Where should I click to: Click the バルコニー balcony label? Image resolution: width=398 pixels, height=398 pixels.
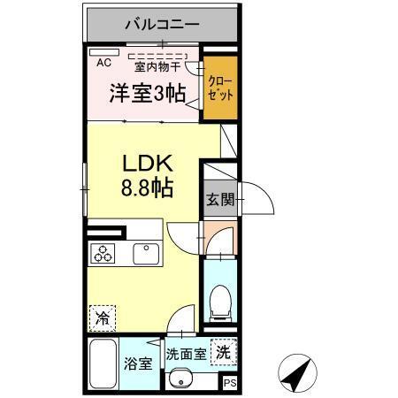click(162, 24)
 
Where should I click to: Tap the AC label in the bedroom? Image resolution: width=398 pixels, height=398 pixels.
click(103, 63)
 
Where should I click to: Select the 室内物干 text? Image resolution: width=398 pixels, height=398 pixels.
click(157, 65)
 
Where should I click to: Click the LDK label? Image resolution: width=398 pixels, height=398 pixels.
click(145, 165)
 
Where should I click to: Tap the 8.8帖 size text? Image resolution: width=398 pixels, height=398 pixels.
click(145, 188)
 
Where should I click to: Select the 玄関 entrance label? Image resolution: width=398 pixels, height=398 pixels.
click(220, 200)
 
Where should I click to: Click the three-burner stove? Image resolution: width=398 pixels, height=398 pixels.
click(103, 254)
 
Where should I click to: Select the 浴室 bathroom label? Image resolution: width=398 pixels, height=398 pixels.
click(138, 364)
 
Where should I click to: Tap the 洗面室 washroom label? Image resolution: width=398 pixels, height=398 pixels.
click(187, 354)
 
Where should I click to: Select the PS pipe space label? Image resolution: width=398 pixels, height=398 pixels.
click(229, 383)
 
